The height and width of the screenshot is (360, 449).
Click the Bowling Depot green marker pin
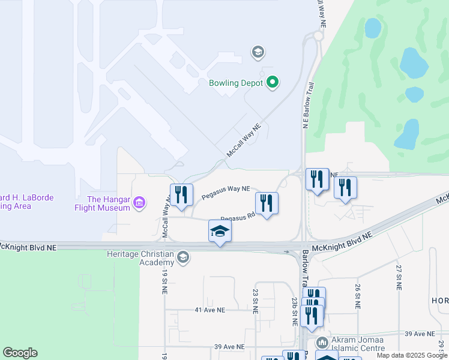tap(272, 83)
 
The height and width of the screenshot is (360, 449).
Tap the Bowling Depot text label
tap(236, 83)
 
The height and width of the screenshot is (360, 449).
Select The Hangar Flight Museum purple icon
tap(139, 203)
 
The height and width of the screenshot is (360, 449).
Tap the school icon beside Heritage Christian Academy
tap(183, 258)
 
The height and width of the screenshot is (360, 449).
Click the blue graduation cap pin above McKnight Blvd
tap(220, 232)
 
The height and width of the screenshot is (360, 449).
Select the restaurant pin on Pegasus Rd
tap(267, 203)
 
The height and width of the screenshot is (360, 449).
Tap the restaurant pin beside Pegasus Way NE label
tap(181, 195)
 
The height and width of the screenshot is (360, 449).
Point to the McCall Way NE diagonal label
tap(244, 142)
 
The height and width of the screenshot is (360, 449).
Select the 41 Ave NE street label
tap(210, 310)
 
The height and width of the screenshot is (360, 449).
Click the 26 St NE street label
tap(358, 296)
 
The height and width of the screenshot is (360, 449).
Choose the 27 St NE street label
tap(398, 277)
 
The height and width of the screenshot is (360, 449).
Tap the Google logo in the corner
tap(20, 353)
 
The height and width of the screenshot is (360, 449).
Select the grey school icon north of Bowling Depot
tap(258, 52)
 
